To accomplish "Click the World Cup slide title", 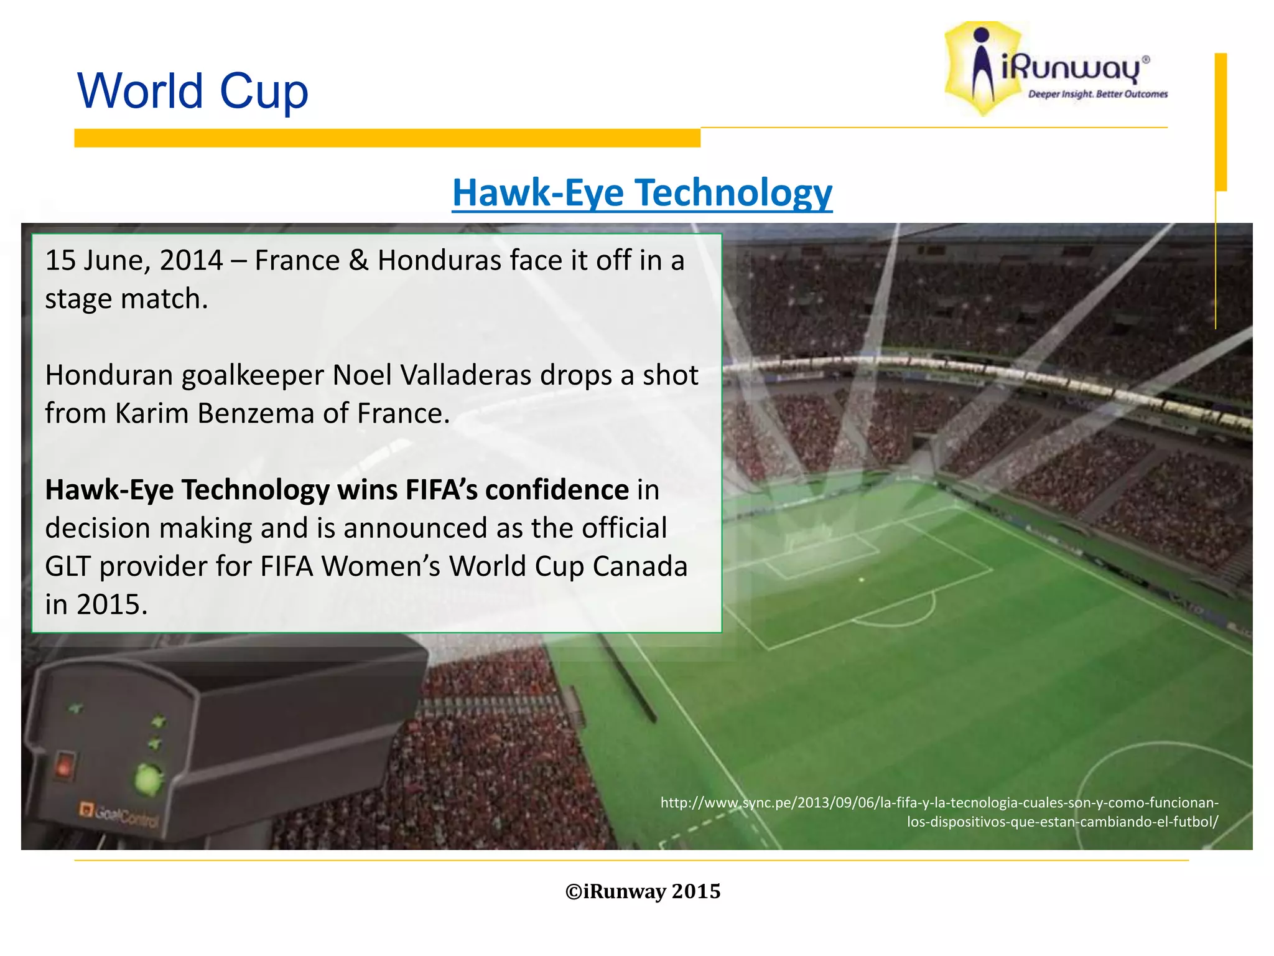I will tap(192, 91).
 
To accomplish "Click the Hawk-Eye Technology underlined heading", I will tap(641, 193).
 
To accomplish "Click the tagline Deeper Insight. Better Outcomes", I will tap(1097, 95).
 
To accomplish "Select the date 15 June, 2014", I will tap(134, 261).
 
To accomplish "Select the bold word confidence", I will tap(557, 490).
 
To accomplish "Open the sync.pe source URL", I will tap(939, 812).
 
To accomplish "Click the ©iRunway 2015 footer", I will tap(643, 891).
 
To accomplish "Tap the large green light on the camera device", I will tap(148, 779).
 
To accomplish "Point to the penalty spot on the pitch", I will tap(862, 580).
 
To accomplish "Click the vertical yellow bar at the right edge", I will tap(1221, 121).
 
